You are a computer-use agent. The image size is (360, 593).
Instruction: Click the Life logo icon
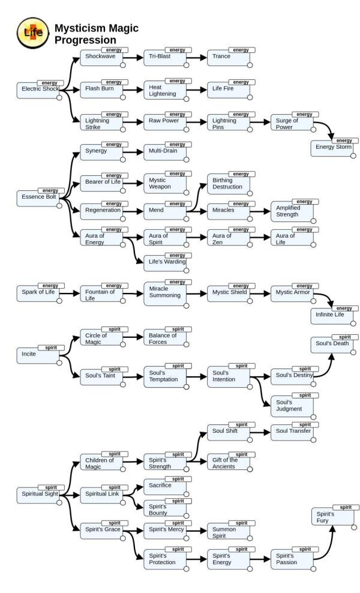pyautogui.click(x=33, y=32)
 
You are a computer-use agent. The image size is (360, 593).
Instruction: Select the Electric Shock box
pyautogui.click(x=40, y=90)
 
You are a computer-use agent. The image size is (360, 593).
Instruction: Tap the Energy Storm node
pyautogui.click(x=334, y=148)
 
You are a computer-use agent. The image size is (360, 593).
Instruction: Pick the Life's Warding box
pyautogui.click(x=167, y=262)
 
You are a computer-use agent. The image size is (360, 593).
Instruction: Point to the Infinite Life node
pyautogui.click(x=334, y=316)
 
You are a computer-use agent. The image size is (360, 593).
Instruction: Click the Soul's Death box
pyautogui.click(x=334, y=344)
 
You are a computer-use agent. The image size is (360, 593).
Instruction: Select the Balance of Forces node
pyautogui.click(x=167, y=338)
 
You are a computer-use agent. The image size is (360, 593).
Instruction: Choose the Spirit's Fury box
pyautogui.click(x=334, y=516)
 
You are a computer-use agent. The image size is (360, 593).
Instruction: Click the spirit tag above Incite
pyautogui.click(x=51, y=348)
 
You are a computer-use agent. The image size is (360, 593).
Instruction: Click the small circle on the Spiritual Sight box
pyautogui.click(x=59, y=502)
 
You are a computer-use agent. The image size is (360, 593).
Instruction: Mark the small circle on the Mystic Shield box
pyautogui.click(x=250, y=301)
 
